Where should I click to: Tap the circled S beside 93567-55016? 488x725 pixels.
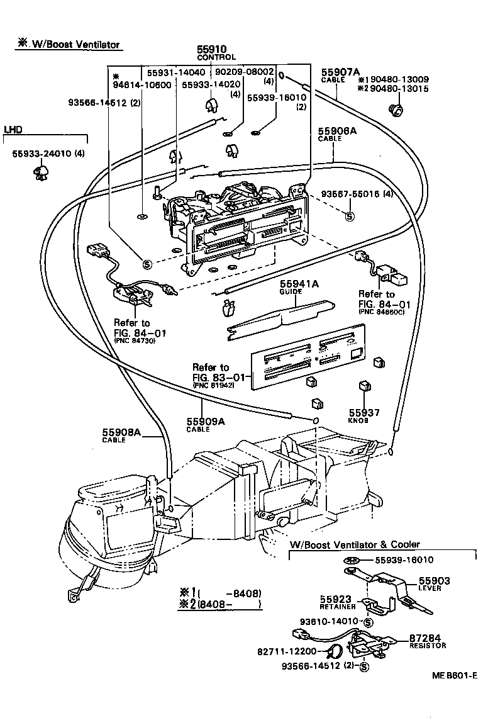tap(350, 216)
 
